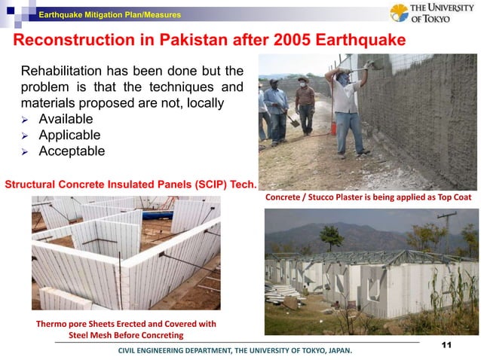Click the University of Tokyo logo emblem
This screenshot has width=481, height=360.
click(x=399, y=13)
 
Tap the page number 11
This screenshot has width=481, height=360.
click(x=445, y=345)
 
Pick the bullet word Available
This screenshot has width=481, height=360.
click(x=66, y=119)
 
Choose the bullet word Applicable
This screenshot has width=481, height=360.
click(x=69, y=135)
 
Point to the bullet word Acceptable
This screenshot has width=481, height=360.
click(x=72, y=151)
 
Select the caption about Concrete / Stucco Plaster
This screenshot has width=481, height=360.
click(x=368, y=197)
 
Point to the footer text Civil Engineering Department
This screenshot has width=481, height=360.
click(x=234, y=351)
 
